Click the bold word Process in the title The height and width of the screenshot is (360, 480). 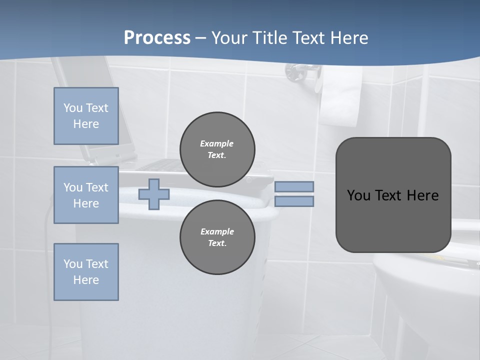157,37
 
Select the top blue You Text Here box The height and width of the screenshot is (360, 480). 86,116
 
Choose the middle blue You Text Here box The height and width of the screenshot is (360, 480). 86,195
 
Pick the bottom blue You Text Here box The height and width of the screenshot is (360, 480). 86,271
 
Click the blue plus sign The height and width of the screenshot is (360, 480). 154,194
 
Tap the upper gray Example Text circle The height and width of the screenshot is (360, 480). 217,149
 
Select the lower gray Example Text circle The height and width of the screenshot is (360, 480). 217,237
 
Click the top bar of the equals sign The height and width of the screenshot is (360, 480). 294,186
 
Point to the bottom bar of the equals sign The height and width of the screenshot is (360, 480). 294,201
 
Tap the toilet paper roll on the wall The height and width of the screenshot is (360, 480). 342,97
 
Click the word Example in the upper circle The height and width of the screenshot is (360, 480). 216,143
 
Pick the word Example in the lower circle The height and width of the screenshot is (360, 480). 217,231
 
